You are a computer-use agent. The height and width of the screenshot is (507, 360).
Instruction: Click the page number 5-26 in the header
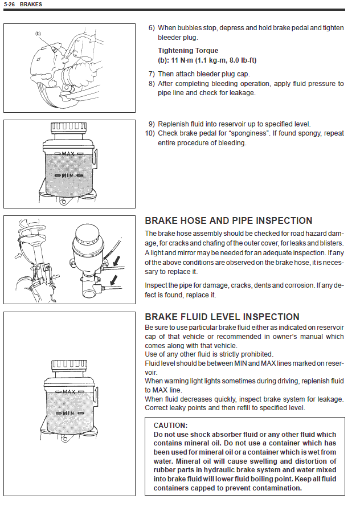point(9,5)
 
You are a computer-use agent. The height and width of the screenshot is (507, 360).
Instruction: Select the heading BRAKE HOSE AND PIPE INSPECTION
point(228,220)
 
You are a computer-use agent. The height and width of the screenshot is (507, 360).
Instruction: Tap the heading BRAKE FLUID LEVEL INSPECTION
point(222,317)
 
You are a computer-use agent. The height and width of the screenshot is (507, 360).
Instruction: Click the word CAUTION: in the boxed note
point(170,425)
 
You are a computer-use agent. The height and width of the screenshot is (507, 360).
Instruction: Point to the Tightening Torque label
point(188,51)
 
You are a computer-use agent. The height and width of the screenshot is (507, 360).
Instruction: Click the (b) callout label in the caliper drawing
point(38,33)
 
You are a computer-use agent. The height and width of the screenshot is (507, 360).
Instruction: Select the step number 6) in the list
point(152,28)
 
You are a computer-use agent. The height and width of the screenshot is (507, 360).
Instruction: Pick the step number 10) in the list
point(150,133)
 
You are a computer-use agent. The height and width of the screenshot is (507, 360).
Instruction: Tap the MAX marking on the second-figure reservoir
point(68,154)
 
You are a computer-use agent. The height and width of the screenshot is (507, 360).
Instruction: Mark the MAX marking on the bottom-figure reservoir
point(69,392)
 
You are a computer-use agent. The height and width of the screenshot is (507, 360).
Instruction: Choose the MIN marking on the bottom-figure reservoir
point(68,413)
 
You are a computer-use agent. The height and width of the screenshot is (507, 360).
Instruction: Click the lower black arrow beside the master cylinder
point(113,280)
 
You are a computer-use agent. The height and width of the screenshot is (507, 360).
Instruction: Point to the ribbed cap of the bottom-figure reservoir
point(69,365)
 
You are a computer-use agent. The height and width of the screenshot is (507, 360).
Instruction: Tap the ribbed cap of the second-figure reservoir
point(68,128)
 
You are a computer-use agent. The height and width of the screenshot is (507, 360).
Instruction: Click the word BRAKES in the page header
point(31,5)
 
